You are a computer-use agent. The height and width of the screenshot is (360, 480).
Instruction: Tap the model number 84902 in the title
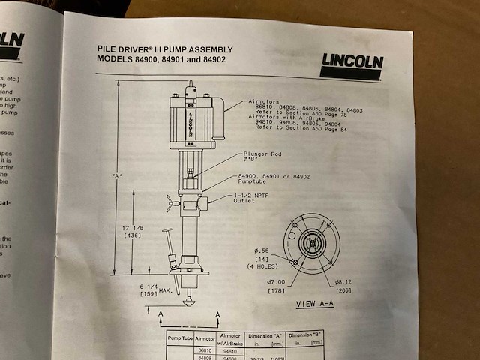(x=212, y=59)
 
